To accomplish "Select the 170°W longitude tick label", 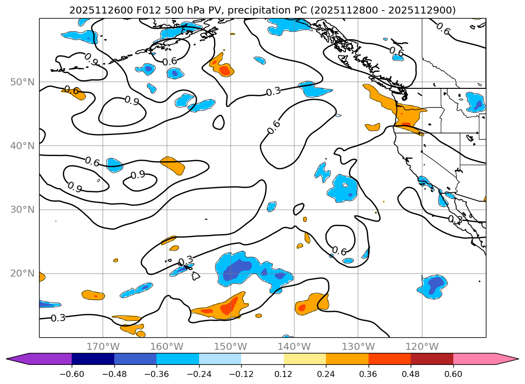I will tap(103, 346).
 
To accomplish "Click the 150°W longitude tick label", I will tap(231, 346).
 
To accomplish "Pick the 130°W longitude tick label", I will tap(358, 346).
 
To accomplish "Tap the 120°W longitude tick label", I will tap(422, 346).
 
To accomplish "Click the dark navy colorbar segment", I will tap(93, 359).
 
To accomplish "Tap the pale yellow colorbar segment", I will tap(304, 359).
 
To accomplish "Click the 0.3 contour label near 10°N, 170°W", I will tap(58, 318).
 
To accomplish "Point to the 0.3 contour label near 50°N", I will tap(273, 92).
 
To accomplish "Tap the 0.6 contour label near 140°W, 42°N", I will tap(274, 127).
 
